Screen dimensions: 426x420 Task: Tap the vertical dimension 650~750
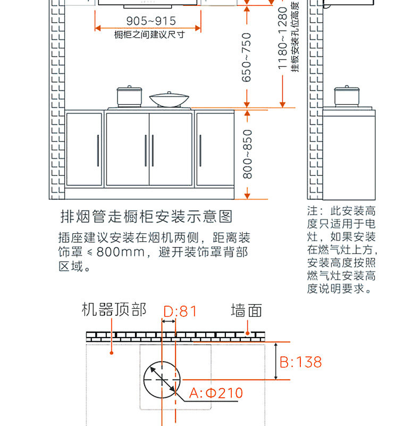pyautogui.click(x=247, y=58)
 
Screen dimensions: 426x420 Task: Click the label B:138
pyautogui.click(x=301, y=362)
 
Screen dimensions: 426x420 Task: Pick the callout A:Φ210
pyautogui.click(x=216, y=394)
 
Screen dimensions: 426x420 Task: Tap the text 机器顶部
pyautogui.click(x=114, y=310)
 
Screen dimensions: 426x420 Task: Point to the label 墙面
pyautogui.click(x=246, y=310)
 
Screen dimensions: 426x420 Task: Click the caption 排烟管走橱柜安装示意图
pyautogui.click(x=147, y=216)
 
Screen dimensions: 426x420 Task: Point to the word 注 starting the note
pyautogui.click(x=312, y=210)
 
